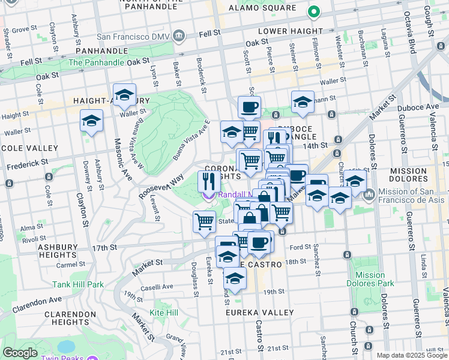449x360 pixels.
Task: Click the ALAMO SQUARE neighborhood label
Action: (x=263, y=8)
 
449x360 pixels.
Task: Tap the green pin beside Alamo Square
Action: (x=313, y=11)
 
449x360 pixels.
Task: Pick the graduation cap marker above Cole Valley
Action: (x=92, y=121)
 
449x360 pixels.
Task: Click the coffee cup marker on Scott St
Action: (x=249, y=107)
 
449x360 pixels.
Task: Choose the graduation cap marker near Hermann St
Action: (x=303, y=101)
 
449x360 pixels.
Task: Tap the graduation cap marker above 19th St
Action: (x=235, y=278)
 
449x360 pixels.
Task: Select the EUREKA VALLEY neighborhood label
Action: (x=260, y=313)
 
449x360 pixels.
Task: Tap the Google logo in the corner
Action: (x=20, y=353)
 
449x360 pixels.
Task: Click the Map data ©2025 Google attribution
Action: (x=411, y=355)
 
